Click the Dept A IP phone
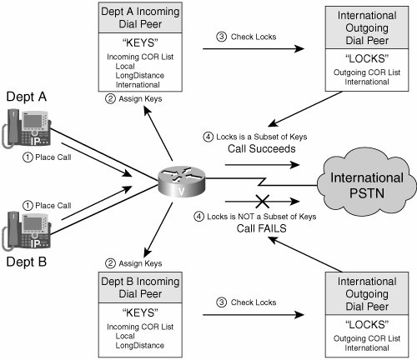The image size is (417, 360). (27, 128)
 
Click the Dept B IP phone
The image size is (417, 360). (27, 231)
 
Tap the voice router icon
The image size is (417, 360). (181, 182)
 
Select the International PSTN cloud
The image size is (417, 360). (367, 182)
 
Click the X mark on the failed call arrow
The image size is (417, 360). (262, 201)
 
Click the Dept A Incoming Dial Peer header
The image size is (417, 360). (140, 17)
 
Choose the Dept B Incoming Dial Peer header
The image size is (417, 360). (140, 287)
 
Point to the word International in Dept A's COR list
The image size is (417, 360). (138, 85)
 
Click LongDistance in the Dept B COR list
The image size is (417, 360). (140, 345)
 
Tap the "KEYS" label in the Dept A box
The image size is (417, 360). (140, 43)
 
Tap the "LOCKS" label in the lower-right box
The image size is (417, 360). (367, 325)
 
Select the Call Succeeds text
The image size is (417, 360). (262, 148)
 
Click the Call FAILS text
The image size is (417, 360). (261, 228)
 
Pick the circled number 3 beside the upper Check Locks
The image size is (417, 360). (221, 37)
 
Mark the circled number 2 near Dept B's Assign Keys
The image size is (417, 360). (110, 263)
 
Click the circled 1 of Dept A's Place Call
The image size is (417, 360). (28, 157)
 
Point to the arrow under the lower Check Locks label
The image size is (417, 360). (254, 315)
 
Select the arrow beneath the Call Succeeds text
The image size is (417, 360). (262, 165)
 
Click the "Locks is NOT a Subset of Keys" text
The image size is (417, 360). (262, 217)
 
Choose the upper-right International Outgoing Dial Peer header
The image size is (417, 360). (367, 27)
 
